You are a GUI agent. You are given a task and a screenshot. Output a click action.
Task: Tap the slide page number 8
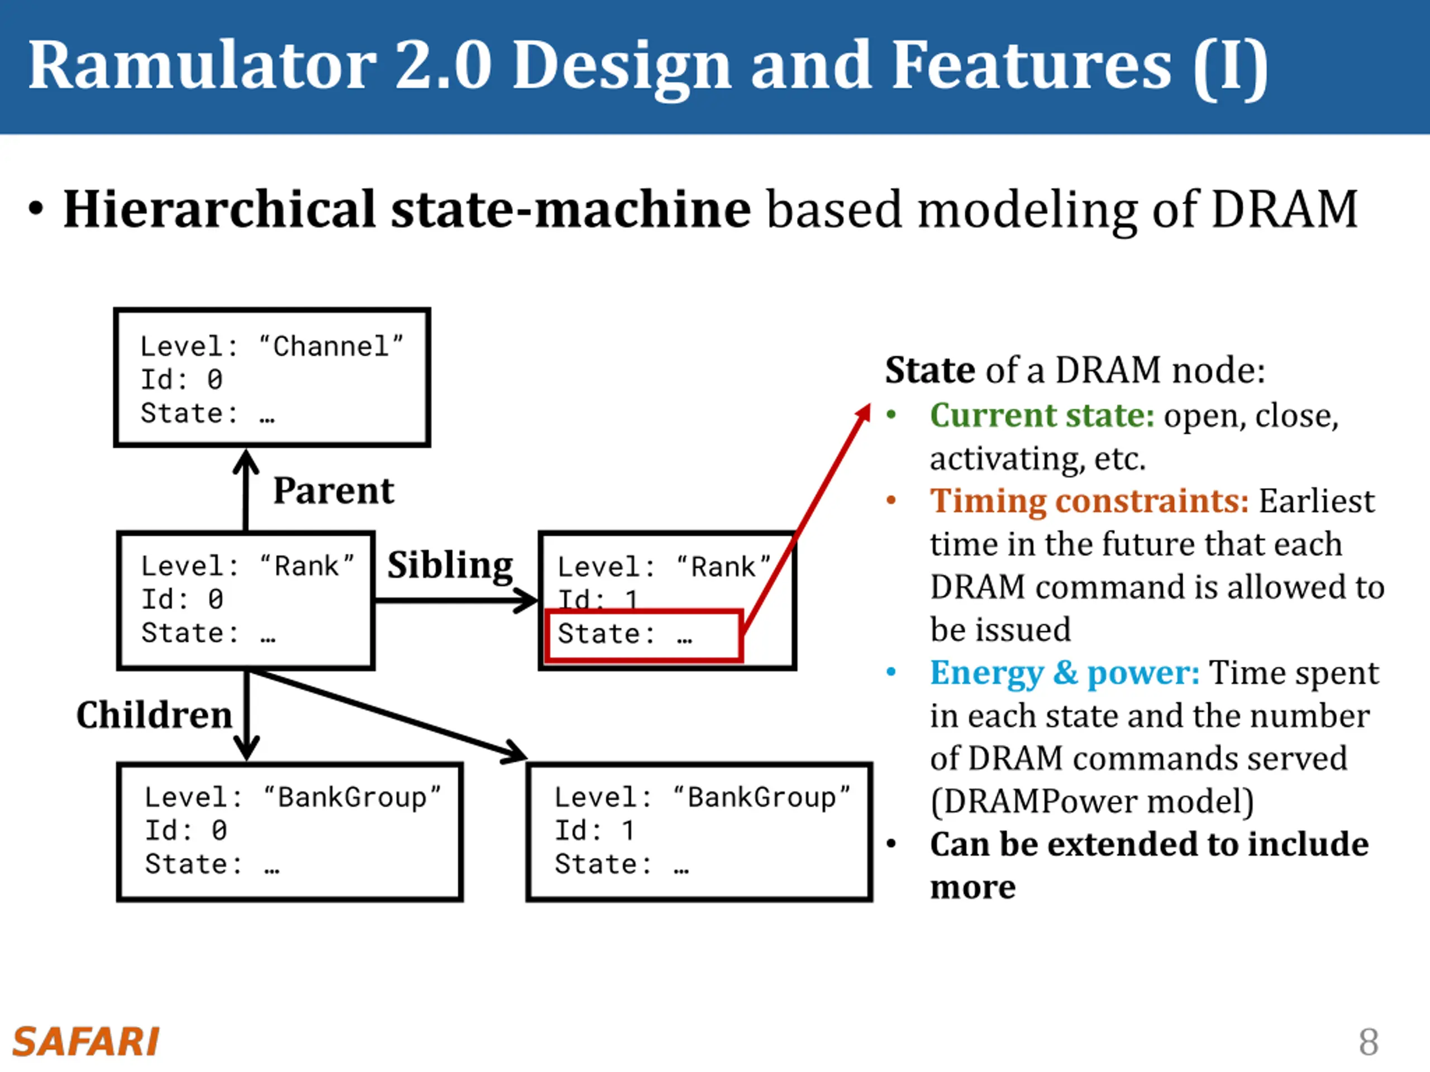pos(1369,1042)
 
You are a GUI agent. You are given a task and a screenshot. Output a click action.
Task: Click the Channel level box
pos(272,377)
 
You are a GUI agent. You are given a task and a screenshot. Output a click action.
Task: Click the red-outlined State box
pos(643,635)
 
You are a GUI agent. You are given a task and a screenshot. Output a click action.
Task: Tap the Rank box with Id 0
pos(246,600)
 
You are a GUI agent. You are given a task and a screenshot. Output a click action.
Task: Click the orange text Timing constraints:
pos(1089,501)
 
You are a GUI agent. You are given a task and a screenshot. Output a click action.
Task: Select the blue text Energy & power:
pos(1065,673)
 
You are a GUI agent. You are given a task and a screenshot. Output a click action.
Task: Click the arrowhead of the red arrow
pos(864,414)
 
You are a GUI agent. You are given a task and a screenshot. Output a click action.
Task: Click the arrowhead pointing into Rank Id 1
pos(526,600)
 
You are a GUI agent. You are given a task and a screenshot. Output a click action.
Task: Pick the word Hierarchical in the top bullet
pos(219,209)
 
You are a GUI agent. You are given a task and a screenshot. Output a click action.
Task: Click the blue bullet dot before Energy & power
pos(892,673)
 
